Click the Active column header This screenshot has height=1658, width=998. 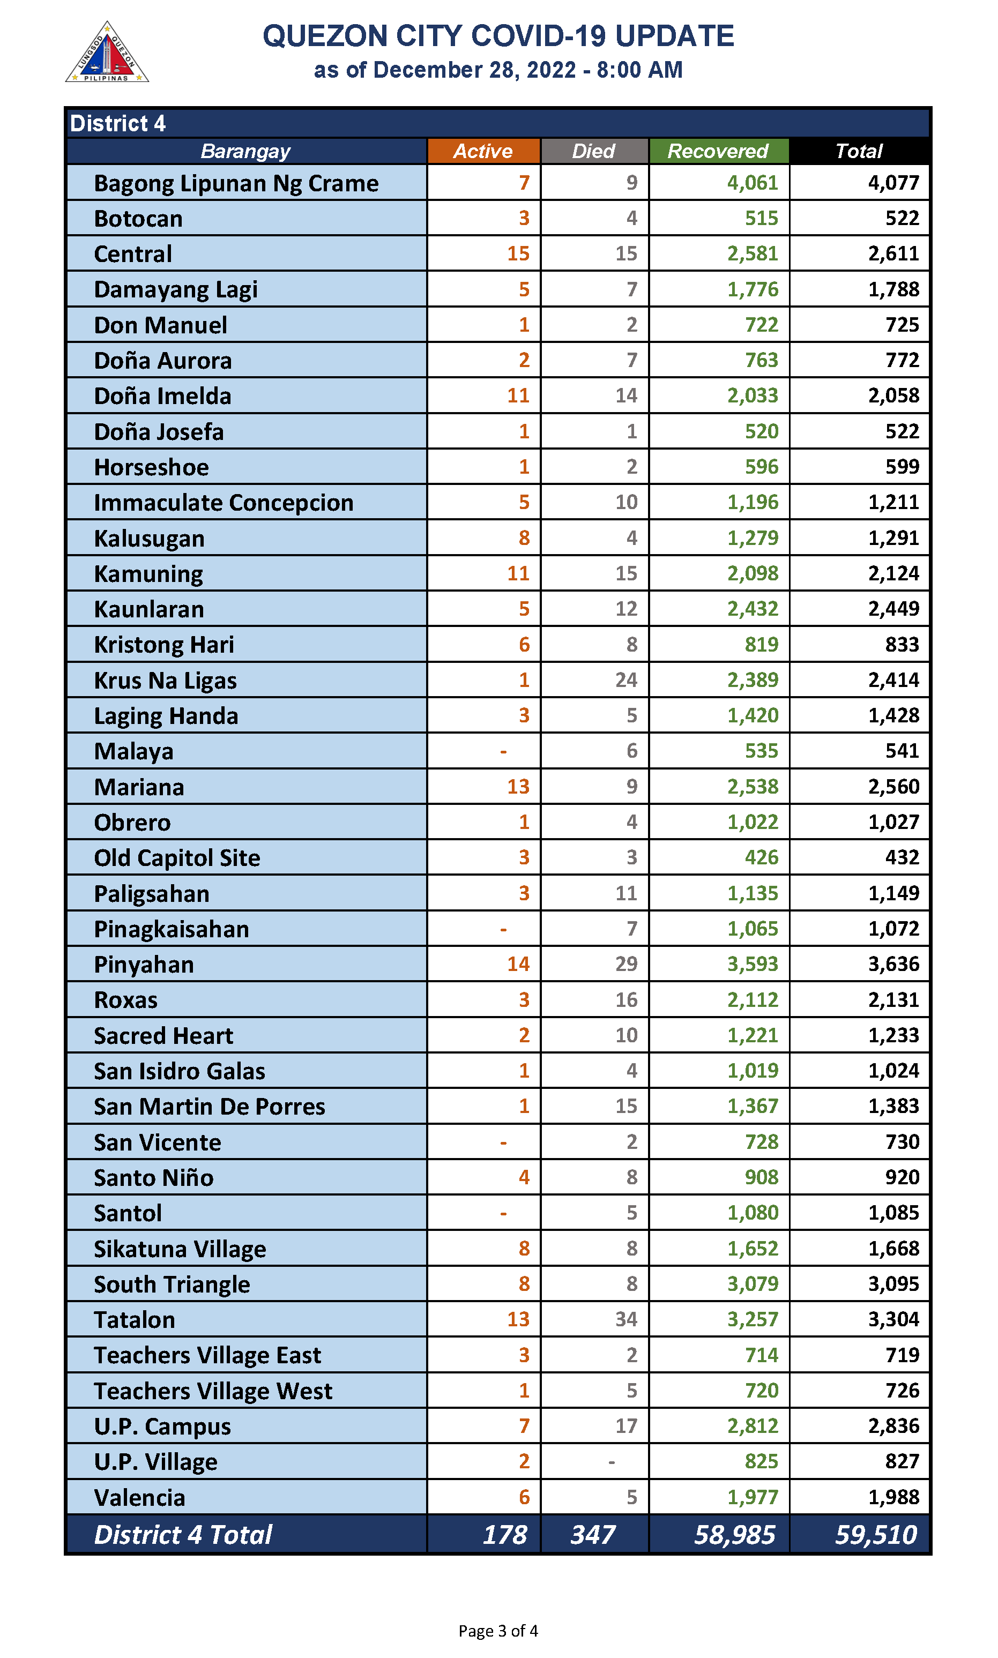[x=483, y=151]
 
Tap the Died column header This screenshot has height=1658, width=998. [x=594, y=151]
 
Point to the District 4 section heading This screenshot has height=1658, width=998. [x=118, y=124]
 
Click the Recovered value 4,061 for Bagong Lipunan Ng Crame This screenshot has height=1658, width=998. [x=753, y=183]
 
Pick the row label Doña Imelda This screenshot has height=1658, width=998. [x=163, y=396]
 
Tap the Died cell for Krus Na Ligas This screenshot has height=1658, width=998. [x=626, y=681]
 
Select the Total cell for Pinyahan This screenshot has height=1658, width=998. [x=893, y=965]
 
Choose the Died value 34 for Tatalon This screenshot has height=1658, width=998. [x=626, y=1320]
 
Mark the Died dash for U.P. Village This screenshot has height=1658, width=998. [x=612, y=1462]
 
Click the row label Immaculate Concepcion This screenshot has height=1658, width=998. [x=224, y=503]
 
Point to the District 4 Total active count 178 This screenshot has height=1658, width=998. [x=505, y=1535]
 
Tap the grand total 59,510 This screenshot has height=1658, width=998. [x=876, y=1535]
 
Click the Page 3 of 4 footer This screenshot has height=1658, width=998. [x=498, y=1631]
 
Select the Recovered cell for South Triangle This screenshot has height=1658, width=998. [x=753, y=1284]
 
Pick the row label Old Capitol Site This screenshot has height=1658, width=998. [x=177, y=858]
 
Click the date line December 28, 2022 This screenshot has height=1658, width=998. [x=498, y=70]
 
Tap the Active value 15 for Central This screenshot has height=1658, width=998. [x=518, y=254]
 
